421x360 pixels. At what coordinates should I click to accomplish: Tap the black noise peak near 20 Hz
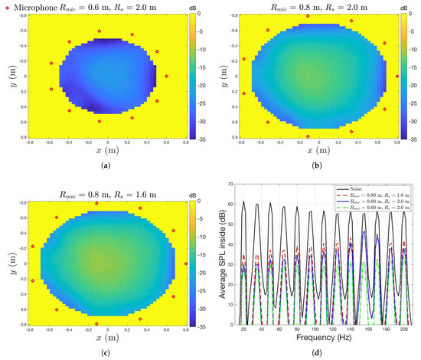244,202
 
